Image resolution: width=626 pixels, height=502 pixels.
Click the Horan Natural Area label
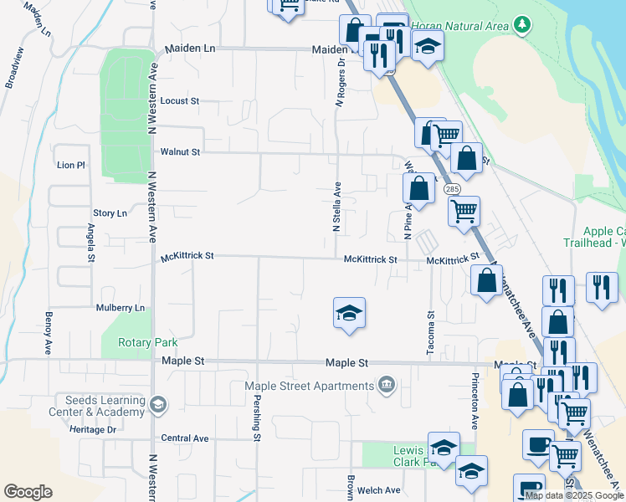pos(459,26)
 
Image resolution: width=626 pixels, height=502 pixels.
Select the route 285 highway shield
pos(453,190)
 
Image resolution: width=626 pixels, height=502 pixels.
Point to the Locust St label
pos(179,101)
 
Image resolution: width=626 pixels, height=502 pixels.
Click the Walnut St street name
pos(181,152)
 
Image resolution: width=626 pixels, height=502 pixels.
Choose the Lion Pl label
pos(70,166)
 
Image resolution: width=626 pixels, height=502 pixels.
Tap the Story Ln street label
pos(110,213)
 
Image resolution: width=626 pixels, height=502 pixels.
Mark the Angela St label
pos(90,243)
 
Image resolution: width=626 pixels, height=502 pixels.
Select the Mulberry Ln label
pos(121,308)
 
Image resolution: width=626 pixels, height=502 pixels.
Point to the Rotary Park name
pos(148,342)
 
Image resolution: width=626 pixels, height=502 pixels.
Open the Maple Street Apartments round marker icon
pos(386,386)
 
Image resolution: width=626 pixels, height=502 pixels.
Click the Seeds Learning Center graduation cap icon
pos(157,406)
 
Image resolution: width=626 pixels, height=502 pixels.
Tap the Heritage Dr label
pos(93,429)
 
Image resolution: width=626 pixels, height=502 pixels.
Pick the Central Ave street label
pos(185,438)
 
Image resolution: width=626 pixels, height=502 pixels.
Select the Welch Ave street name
pos(381,490)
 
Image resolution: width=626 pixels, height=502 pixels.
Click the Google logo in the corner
pos(28,492)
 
